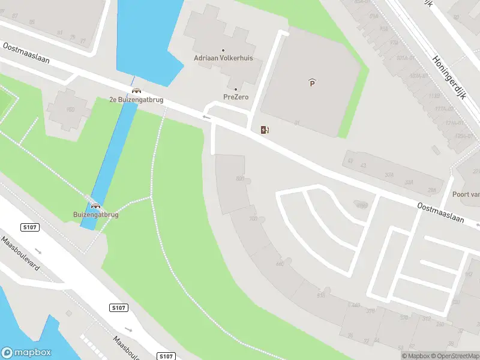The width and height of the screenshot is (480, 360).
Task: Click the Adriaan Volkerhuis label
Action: pos(223,58)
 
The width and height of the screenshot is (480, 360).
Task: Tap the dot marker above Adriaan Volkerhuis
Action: pos(223,50)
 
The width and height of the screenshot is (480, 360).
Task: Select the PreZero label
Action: pos(236,97)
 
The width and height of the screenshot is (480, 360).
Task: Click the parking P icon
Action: pos(312,83)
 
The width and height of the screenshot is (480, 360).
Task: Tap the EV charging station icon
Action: pos(265,130)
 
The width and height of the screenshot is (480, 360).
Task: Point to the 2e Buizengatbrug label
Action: pos(136,100)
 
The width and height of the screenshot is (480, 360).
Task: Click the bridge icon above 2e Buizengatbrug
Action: pos(136,91)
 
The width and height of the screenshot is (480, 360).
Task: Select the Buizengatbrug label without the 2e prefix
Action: pos(96,214)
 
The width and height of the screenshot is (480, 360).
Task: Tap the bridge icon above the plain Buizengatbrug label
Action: pos(95,206)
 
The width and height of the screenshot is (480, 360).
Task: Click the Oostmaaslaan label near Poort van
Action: pos(442,213)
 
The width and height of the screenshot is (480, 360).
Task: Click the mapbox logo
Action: pos(27,353)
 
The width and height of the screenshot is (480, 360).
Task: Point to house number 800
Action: pos(240,179)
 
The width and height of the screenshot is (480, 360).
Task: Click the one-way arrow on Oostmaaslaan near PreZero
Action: pos(207,118)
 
